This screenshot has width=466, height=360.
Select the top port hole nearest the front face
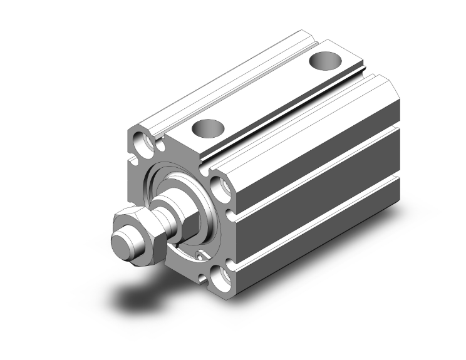click(207, 128)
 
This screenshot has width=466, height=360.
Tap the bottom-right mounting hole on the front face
click(222, 276)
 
